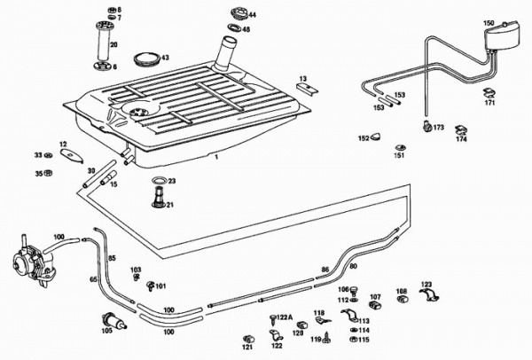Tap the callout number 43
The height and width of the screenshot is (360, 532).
165,58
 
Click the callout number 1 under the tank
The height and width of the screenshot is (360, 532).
215,155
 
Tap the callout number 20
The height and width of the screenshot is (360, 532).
113,43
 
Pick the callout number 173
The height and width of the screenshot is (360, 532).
438,128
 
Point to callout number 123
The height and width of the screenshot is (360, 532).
426,284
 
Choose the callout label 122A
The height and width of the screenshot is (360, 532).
283,317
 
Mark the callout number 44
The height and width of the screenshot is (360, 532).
252,15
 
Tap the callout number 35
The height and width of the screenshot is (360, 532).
38,174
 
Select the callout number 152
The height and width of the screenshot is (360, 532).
363,138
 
